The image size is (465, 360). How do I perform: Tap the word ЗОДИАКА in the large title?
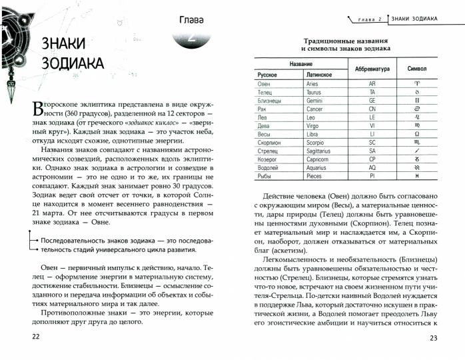coord(71,64)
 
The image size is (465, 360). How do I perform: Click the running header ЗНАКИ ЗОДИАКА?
coord(414,18)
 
